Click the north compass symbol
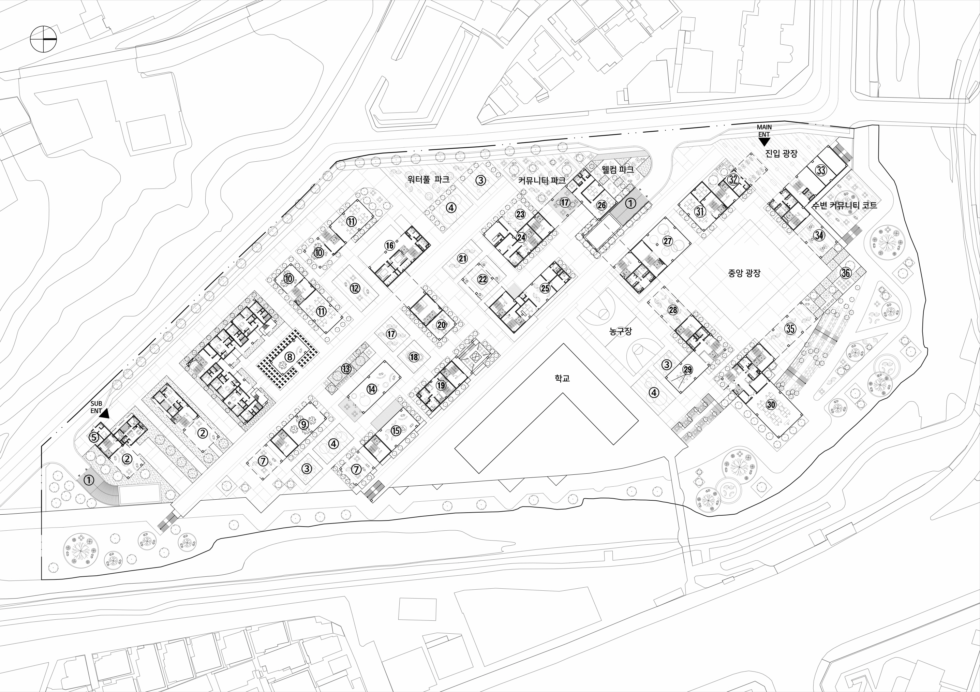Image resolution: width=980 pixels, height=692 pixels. [43, 39]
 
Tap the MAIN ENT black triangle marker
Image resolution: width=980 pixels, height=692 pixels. [764, 142]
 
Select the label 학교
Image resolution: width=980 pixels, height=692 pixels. [562, 378]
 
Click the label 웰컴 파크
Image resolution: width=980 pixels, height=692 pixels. [617, 169]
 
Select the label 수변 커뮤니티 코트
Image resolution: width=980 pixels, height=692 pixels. [844, 205]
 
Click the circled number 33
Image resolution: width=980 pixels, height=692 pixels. [821, 170]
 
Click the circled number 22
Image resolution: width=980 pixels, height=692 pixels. [482, 279]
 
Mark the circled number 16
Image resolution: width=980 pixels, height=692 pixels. [389, 245]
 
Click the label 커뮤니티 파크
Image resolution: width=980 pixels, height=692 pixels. [541, 180]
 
